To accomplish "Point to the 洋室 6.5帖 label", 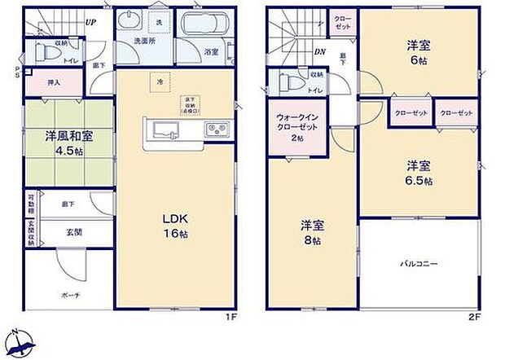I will coord(419,173).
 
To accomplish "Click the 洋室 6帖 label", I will coord(419,52).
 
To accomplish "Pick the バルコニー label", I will coord(419,264).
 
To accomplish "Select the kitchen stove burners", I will coord(216,129).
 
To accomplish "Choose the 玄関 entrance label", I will coord(73,233).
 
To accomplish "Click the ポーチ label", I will coord(69,295).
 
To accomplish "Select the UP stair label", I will coord(90,23).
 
